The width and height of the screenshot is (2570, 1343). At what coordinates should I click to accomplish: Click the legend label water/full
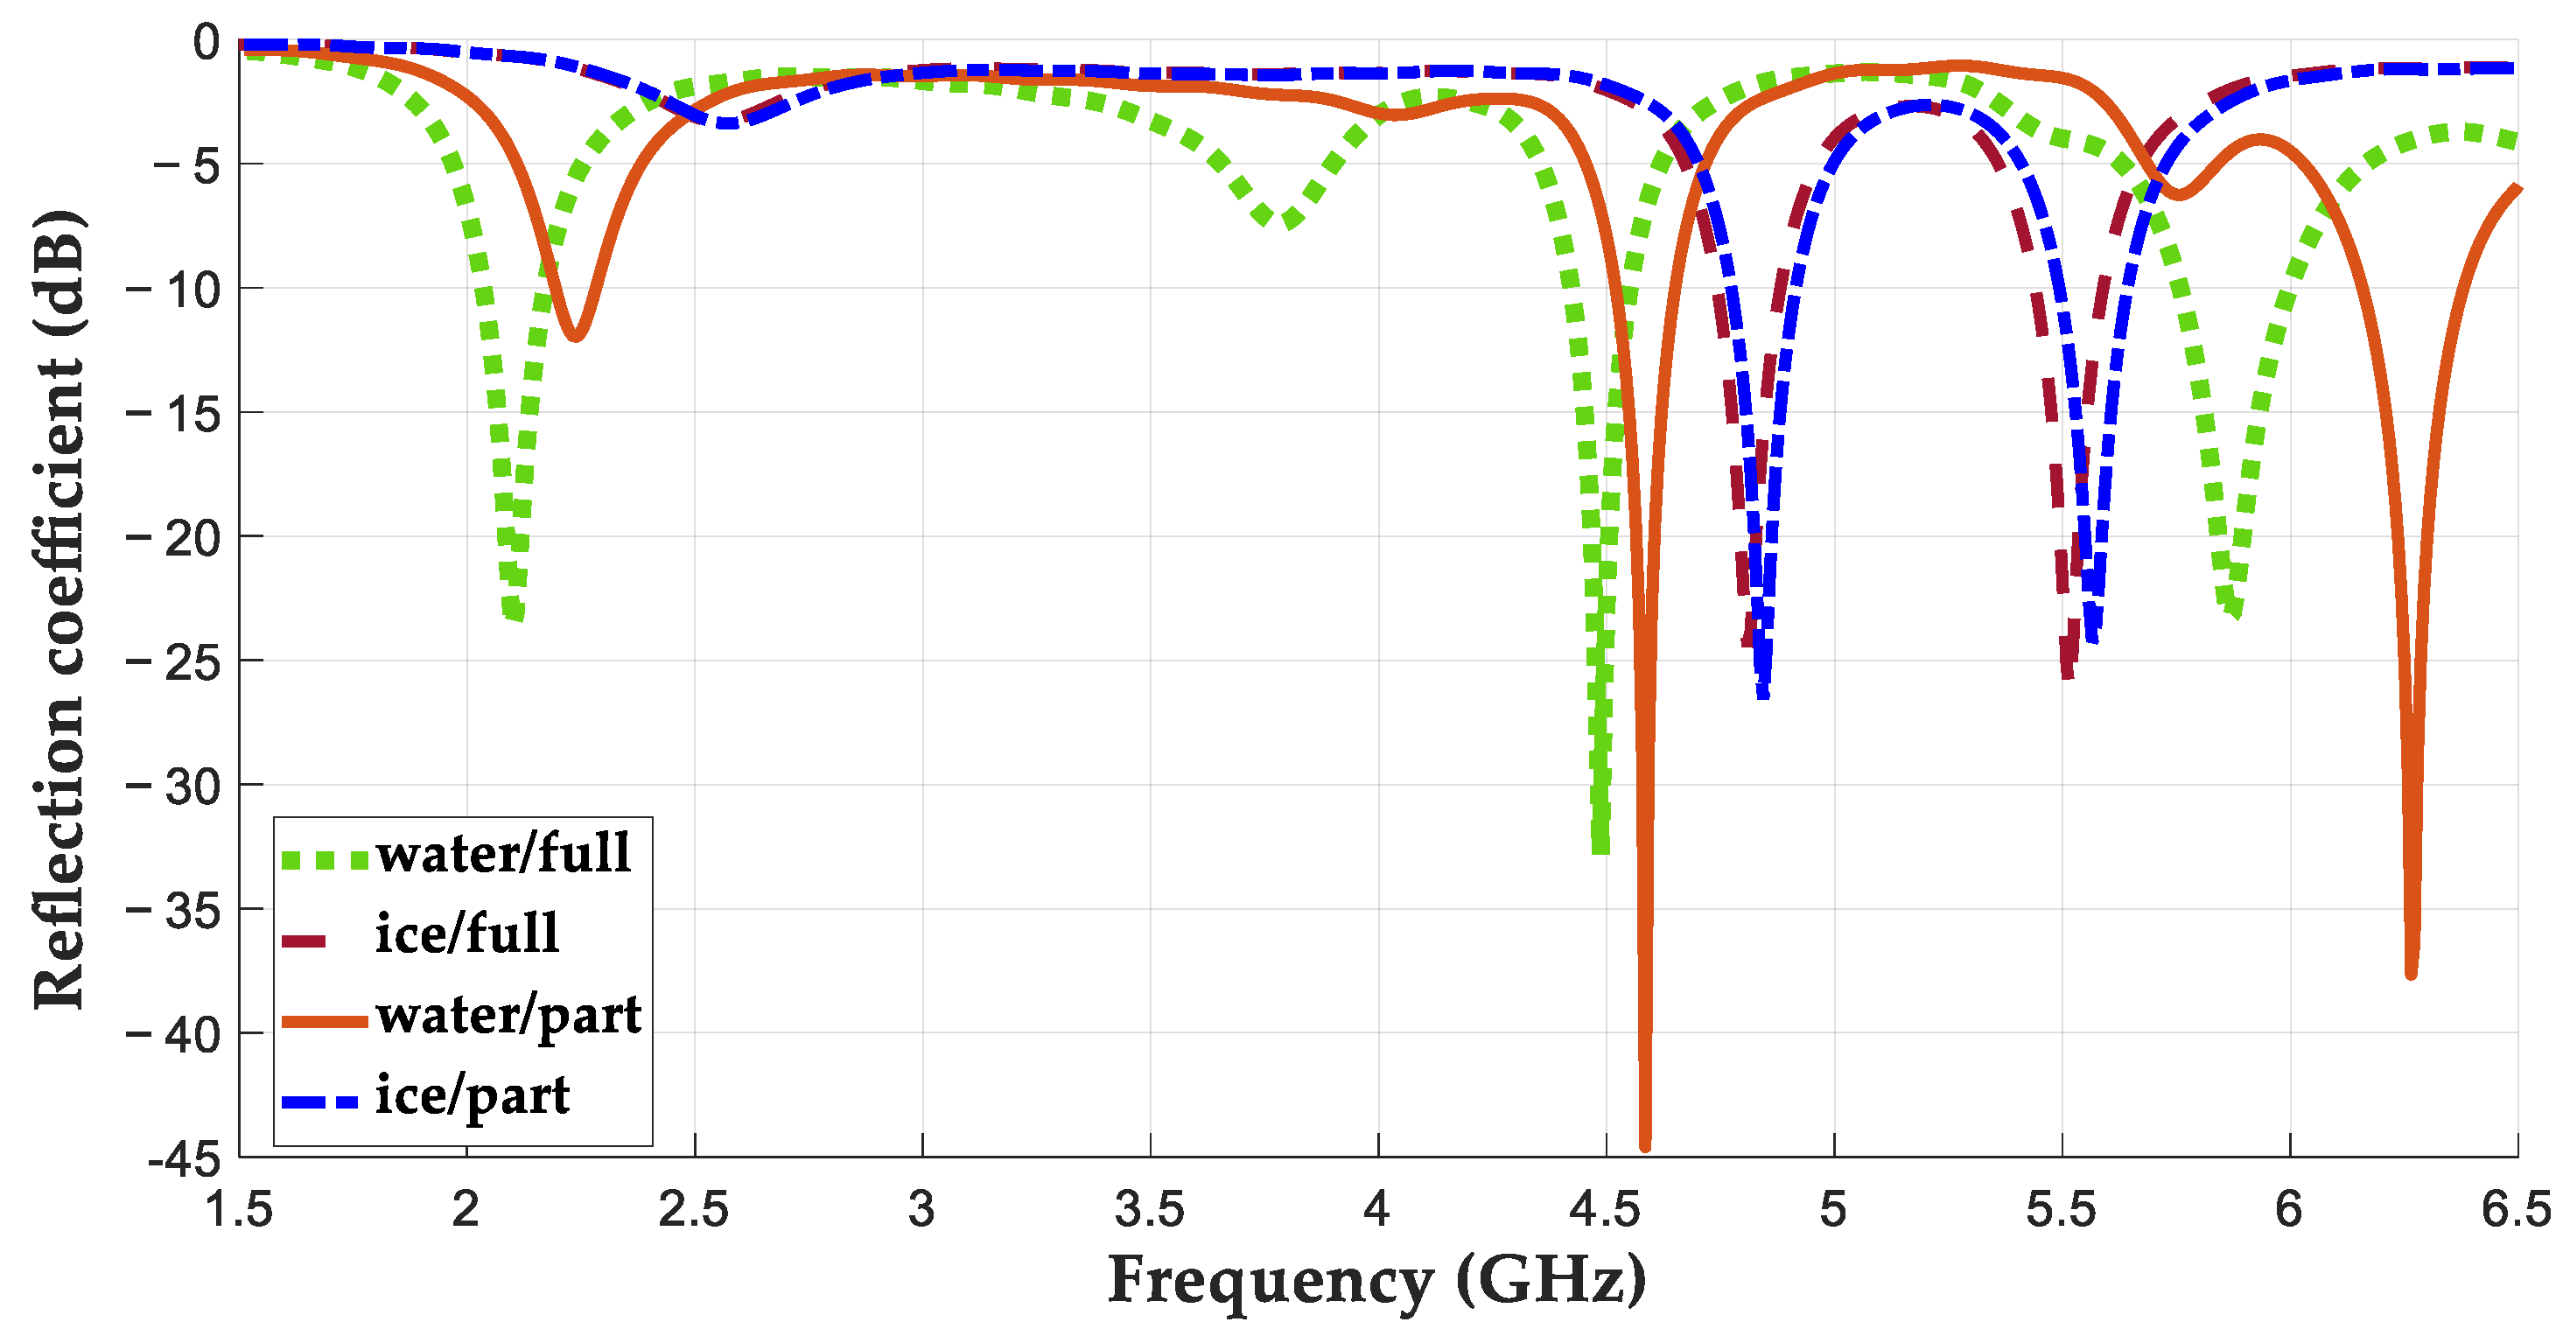point(503,854)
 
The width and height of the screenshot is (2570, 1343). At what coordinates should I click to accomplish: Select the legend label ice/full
point(467,935)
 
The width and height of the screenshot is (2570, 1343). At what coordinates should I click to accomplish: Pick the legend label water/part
point(508,1016)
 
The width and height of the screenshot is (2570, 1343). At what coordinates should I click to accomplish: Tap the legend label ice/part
point(472,1096)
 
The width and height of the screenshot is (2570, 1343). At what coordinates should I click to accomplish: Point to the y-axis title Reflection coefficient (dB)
point(60,609)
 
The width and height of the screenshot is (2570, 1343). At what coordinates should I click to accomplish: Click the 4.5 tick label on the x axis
point(1605,1210)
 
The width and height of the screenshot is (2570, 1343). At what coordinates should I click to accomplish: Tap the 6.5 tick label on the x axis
point(2516,1210)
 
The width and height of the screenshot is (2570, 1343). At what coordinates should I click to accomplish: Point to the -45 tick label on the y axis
point(184,1160)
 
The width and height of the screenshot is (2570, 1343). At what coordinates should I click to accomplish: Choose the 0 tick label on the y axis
point(206,42)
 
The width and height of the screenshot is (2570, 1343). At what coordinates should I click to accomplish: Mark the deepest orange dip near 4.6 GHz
point(1645,1145)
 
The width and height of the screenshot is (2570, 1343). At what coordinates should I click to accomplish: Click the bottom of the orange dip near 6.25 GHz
point(2411,973)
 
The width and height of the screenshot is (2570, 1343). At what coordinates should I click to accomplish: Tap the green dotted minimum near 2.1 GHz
point(515,612)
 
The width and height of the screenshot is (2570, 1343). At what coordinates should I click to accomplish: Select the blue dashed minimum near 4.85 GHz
point(1764,690)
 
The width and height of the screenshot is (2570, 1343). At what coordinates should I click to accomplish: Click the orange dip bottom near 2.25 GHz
point(576,337)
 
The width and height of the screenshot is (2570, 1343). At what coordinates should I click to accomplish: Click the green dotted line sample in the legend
point(325,860)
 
